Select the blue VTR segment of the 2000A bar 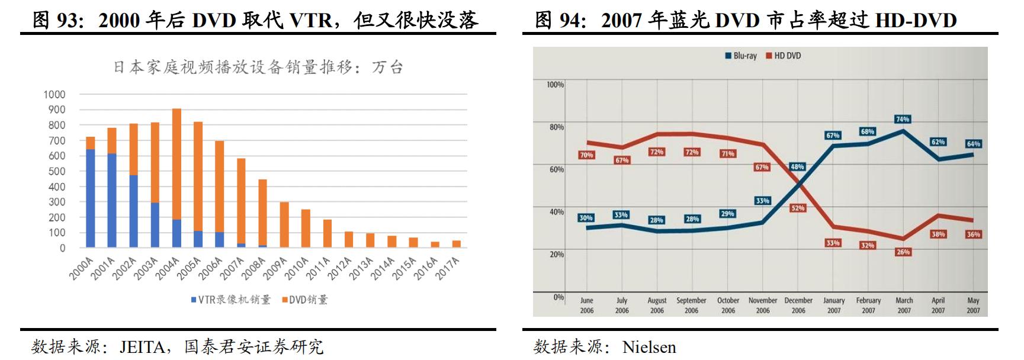[91, 198]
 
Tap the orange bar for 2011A [327, 233]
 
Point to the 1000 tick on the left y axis [54, 95]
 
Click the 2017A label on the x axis [448, 269]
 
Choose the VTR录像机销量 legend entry [230, 300]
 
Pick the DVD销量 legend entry [304, 300]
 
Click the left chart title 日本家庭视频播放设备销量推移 [258, 67]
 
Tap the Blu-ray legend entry [741, 56]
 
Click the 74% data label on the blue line [902, 119]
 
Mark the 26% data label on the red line [903, 252]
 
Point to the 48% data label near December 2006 [797, 167]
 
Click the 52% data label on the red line [798, 208]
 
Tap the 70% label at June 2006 [586, 155]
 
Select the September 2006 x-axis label [691, 306]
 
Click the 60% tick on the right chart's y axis [556, 169]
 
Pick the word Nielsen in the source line [649, 347]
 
